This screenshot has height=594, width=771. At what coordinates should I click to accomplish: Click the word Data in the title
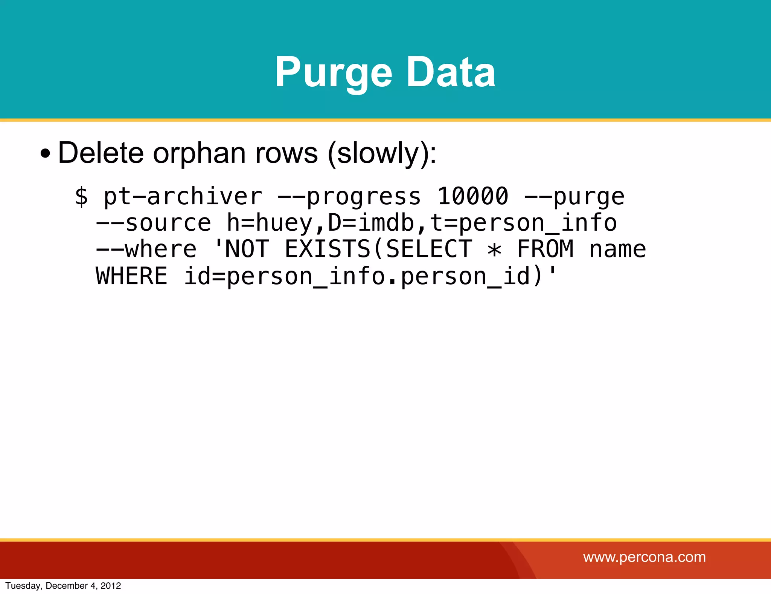451,72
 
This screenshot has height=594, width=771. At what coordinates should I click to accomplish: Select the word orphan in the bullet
199,153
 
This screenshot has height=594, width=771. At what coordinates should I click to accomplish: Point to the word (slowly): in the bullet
382,154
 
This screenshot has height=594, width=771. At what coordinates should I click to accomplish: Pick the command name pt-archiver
183,197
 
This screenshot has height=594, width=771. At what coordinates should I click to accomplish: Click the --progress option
349,197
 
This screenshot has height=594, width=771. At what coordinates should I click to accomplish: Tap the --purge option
574,197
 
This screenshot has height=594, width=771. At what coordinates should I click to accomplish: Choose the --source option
154,223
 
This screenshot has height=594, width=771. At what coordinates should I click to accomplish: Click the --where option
146,249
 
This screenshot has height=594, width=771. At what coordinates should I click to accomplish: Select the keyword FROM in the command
545,249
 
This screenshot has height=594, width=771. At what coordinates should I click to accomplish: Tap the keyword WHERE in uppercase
131,276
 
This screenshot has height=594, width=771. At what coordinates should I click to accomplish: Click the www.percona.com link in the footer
644,557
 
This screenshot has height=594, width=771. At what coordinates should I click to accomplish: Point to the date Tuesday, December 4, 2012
63,586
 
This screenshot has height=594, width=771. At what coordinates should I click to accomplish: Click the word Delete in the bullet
101,153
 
